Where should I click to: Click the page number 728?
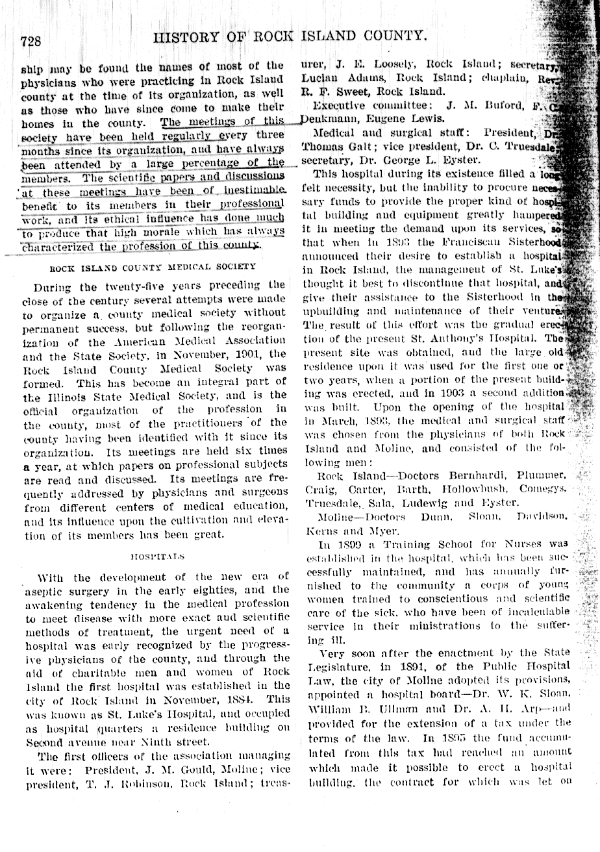coord(31,41)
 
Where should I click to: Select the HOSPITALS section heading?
coord(157,556)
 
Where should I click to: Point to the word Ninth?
coord(160,742)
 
